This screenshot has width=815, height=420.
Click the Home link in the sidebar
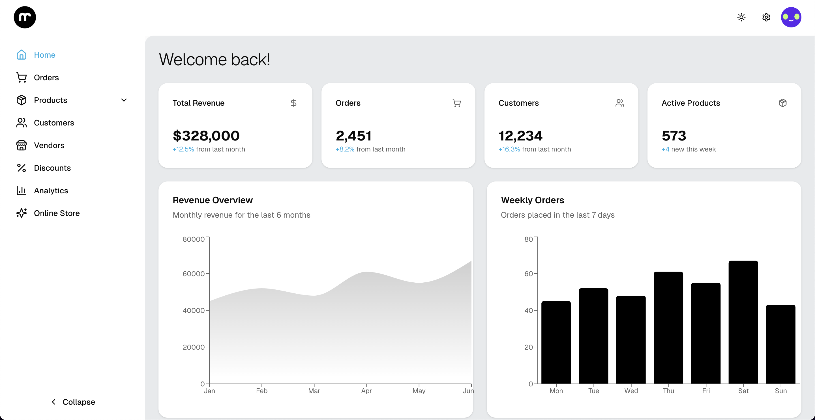(44, 55)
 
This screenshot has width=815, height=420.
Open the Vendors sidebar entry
(49, 145)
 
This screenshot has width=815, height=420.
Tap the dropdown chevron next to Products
(124, 100)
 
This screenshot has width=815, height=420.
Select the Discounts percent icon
(22, 168)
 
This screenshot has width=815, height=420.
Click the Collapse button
(73, 402)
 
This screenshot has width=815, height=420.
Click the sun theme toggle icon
(741, 17)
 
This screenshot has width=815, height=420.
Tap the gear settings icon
(766, 17)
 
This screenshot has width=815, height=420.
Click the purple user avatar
(791, 17)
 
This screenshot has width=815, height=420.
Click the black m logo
(25, 17)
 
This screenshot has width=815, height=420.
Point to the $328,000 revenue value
(206, 136)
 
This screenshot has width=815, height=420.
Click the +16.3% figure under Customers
(509, 150)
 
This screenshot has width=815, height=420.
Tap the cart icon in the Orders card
(456, 103)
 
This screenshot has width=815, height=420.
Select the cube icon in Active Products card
(782, 103)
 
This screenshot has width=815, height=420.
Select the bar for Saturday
(743, 322)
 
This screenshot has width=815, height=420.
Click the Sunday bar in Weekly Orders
(780, 345)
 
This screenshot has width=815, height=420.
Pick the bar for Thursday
(668, 328)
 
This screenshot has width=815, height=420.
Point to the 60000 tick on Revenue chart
(194, 274)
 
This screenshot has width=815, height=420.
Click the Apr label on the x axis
(366, 391)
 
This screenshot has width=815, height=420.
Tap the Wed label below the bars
(631, 391)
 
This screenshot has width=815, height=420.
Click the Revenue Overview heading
(213, 200)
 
